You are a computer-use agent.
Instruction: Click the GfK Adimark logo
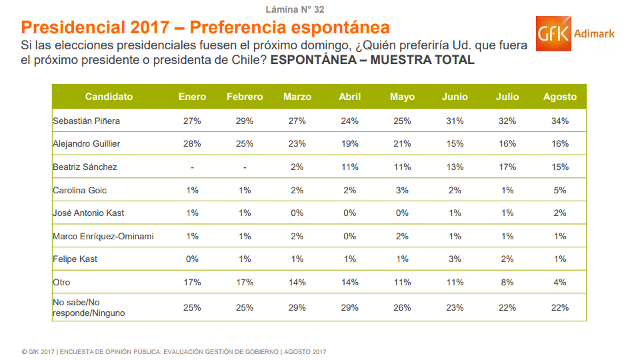[x=575, y=33]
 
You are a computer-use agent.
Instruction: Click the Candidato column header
[x=109, y=97]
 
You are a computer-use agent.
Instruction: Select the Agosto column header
[x=559, y=97]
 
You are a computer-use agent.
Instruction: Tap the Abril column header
[x=349, y=97]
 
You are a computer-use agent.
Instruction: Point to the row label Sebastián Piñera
[x=86, y=121]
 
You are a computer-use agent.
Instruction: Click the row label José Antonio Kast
[x=89, y=213]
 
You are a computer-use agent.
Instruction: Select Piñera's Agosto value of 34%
[x=559, y=121]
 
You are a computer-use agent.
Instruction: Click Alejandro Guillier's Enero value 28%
[x=192, y=144]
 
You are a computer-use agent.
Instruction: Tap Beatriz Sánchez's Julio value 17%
[x=507, y=167]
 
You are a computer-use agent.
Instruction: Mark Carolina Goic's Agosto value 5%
[x=559, y=190]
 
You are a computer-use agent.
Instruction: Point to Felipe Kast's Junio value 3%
[x=455, y=259]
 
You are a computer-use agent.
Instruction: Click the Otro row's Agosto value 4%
[x=559, y=282]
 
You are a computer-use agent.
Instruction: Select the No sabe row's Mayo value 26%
[x=402, y=307]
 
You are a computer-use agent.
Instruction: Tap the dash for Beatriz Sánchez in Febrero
[x=245, y=167]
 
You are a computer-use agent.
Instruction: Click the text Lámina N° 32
[x=295, y=9]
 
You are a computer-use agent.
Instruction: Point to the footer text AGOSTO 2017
[x=305, y=351]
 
